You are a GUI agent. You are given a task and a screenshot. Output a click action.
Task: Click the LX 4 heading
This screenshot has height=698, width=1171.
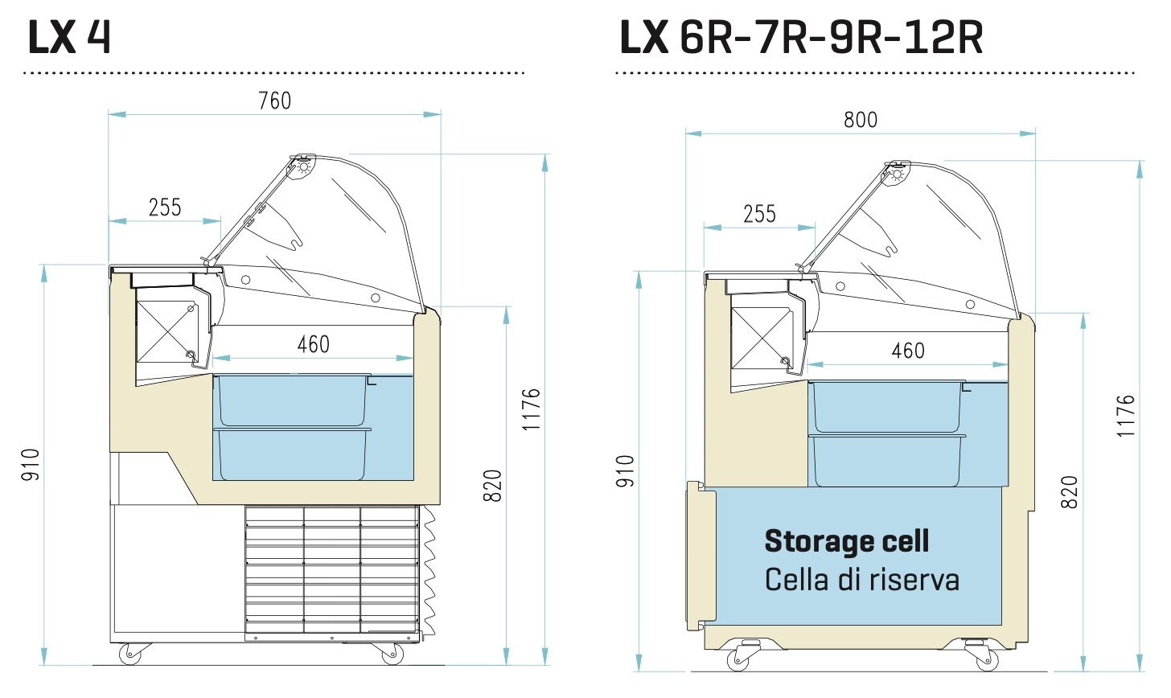pos(69,38)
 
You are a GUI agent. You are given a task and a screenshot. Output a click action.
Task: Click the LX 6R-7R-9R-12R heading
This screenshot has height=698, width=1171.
pos(801,38)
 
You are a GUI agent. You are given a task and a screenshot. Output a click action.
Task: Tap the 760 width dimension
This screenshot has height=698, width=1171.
pos(275,101)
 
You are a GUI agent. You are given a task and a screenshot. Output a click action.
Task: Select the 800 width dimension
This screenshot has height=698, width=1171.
pos(861,120)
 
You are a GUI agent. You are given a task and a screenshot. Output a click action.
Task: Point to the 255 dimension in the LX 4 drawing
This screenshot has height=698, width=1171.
pos(165,207)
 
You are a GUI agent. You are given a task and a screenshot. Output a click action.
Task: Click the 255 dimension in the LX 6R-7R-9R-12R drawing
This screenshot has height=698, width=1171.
pos(759,214)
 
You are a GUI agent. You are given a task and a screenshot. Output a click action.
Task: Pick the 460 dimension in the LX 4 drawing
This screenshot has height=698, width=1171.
pos(313,344)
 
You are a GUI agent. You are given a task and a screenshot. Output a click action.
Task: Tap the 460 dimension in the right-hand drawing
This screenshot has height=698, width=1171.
pos(908,351)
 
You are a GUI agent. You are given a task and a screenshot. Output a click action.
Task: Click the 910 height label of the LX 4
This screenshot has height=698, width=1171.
pos(31,465)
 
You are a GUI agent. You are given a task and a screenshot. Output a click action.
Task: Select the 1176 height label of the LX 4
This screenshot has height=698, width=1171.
pos(532,410)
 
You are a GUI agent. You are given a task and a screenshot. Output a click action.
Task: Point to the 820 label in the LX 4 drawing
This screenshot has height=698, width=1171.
pos(494,486)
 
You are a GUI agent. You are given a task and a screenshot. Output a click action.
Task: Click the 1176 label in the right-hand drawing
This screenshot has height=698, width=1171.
pos(1126,416)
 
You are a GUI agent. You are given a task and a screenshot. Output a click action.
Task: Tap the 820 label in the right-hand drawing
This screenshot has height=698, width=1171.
pos(1069,492)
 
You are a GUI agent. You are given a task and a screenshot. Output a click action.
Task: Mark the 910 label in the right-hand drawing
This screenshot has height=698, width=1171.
pos(627,471)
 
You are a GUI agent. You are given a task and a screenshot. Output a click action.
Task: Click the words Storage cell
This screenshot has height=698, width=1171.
pos(846,541)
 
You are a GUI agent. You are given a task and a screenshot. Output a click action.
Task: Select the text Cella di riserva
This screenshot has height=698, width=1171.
pos(861,579)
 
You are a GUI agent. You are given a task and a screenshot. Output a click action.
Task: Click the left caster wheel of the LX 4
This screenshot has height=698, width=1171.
pos(129,655)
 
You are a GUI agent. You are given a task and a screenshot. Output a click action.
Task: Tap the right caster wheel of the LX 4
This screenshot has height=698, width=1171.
pos(394,655)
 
